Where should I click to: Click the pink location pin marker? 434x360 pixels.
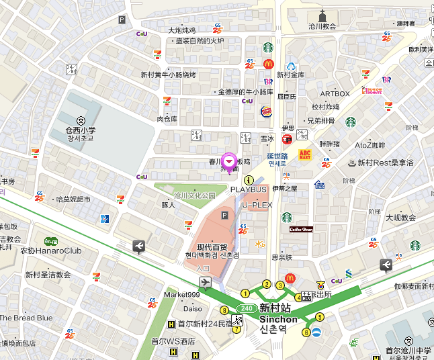229,162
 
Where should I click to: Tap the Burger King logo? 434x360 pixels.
266,111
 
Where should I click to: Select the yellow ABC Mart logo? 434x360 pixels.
304,155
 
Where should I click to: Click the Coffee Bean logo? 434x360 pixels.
301,229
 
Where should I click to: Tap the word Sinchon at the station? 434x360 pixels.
278,320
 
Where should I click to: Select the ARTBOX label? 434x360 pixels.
335,94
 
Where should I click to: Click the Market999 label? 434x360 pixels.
182,296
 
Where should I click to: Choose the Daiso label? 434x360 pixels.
192,309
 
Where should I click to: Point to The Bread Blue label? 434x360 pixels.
26,318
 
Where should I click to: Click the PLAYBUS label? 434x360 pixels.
249,190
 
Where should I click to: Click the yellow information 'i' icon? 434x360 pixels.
249,180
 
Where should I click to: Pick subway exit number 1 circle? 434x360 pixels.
245,293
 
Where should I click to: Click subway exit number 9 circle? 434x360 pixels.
224,310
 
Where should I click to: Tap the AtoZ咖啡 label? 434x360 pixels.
370,145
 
